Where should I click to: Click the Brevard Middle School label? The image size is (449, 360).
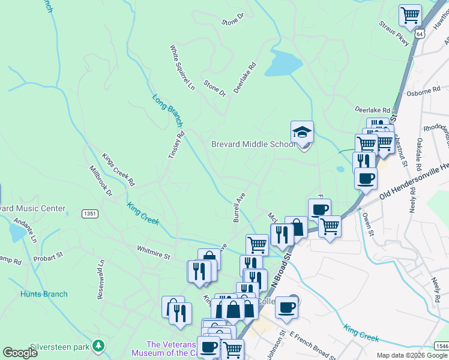[x=253, y=144]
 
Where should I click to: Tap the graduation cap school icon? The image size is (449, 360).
[x=303, y=133]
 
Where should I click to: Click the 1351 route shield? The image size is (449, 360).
[x=90, y=214]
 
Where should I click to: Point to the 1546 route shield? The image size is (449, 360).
[x=441, y=346]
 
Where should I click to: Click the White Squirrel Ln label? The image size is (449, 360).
[x=182, y=67]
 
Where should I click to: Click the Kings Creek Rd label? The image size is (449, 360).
[x=118, y=169]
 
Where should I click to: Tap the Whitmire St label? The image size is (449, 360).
[x=154, y=256]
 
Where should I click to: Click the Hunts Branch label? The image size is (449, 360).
[x=44, y=294]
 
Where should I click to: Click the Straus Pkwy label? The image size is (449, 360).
[x=394, y=34]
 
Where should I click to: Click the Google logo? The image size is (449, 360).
[x=20, y=353]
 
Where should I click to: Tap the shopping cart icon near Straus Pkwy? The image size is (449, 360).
[x=410, y=14]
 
